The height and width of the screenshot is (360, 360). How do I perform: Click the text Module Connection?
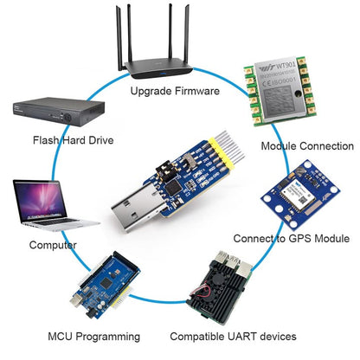(x=307, y=146)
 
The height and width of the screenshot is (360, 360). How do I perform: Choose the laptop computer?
(x=42, y=206)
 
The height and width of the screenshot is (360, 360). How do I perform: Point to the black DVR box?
(x=50, y=112)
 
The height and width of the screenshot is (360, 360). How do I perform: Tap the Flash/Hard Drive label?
(x=73, y=139)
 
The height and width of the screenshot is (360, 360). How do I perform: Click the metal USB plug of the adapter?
(x=136, y=213)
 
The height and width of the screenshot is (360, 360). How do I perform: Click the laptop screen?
(x=40, y=198)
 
